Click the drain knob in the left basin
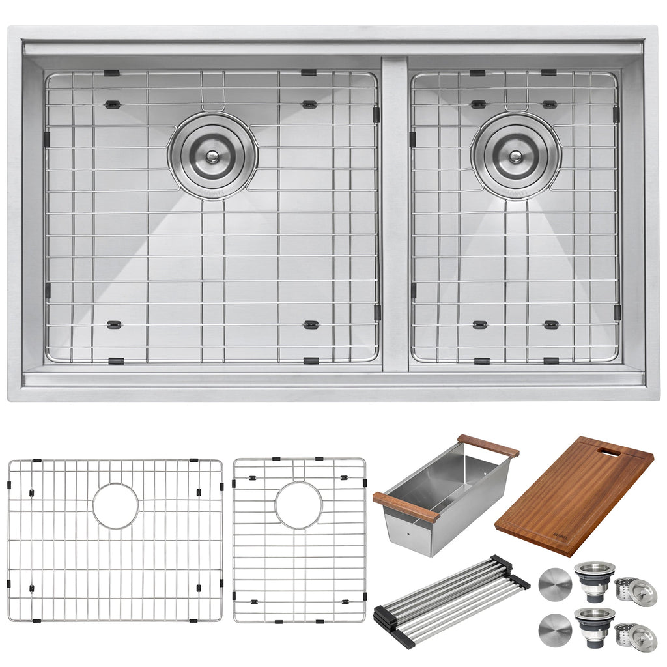[x=212, y=155]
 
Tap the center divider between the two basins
[x=395, y=215]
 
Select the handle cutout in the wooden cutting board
[x=610, y=451]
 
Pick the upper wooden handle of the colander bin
[x=488, y=445]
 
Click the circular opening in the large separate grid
[x=115, y=505]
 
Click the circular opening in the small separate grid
[x=298, y=505]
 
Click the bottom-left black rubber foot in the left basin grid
[x=115, y=324]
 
